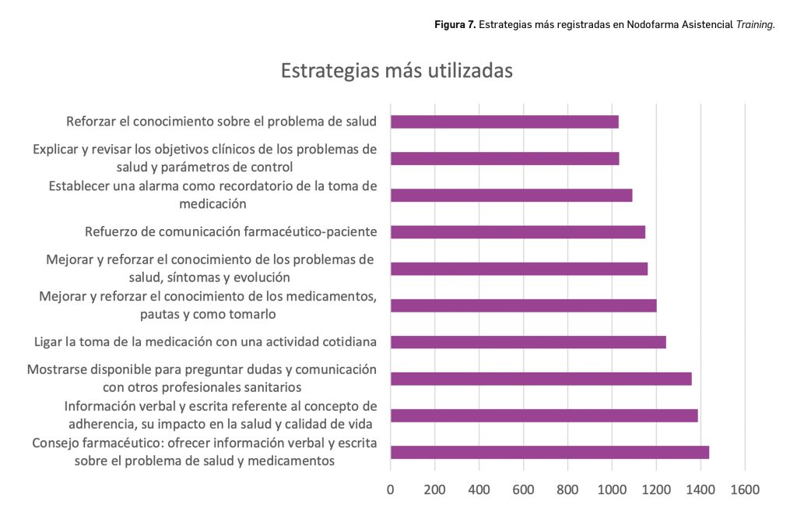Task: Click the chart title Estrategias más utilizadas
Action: coord(396,71)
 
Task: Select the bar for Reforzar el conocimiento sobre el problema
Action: coord(504,122)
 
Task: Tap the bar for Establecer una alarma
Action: coord(511,195)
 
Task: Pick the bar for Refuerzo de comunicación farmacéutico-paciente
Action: coord(518,231)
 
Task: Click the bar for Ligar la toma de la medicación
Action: coord(528,341)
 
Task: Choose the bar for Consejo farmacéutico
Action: coord(549,452)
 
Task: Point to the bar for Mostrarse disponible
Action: coord(541,379)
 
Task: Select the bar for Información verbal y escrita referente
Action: coord(544,415)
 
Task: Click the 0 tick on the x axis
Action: coord(391,489)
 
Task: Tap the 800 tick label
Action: coord(568,489)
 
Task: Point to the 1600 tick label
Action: coord(745,489)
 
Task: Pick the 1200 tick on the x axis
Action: coord(656,489)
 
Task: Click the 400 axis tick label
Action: coord(479,489)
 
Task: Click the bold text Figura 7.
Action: coord(455,25)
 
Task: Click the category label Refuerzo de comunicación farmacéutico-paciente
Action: coord(230,231)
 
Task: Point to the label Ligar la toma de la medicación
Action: coord(205,341)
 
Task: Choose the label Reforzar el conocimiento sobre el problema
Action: coord(222,122)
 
